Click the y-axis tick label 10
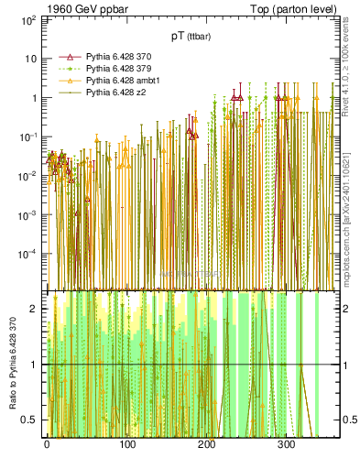pos(29,59)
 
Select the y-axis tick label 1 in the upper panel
pos(32,98)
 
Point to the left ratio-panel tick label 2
pos(34,309)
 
